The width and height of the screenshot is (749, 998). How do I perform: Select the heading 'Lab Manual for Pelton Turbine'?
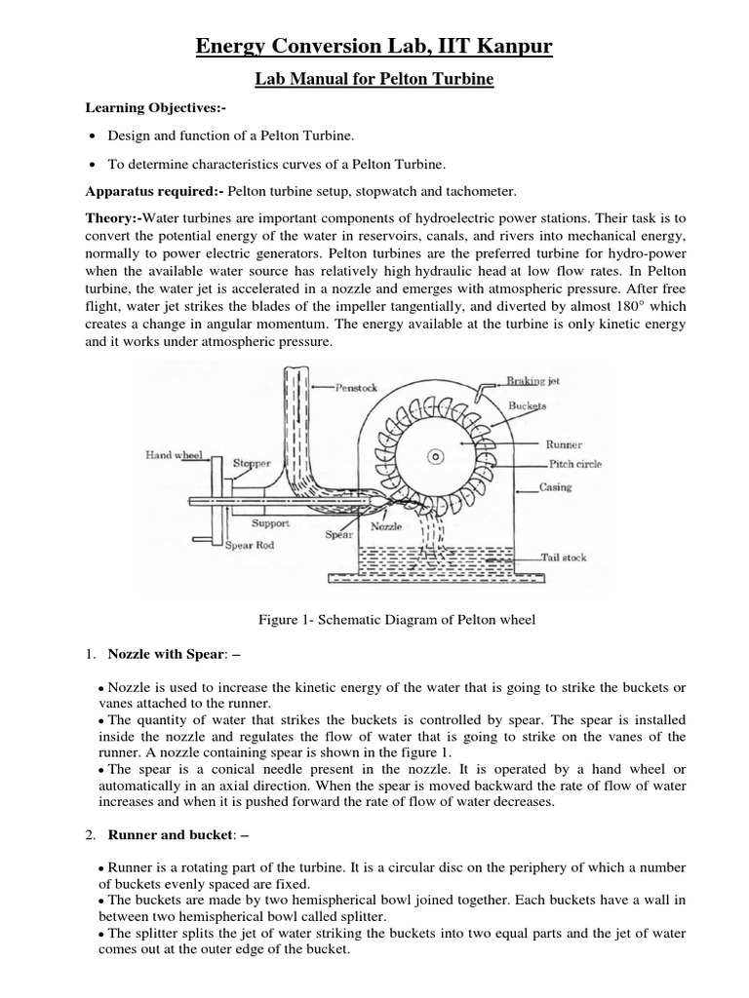(374, 80)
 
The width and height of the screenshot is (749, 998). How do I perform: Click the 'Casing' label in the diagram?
(555, 486)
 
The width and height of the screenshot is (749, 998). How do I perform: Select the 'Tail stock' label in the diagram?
(569, 558)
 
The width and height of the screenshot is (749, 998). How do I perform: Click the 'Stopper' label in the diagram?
(252, 464)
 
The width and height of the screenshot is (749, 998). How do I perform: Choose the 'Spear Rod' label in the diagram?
(250, 546)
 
